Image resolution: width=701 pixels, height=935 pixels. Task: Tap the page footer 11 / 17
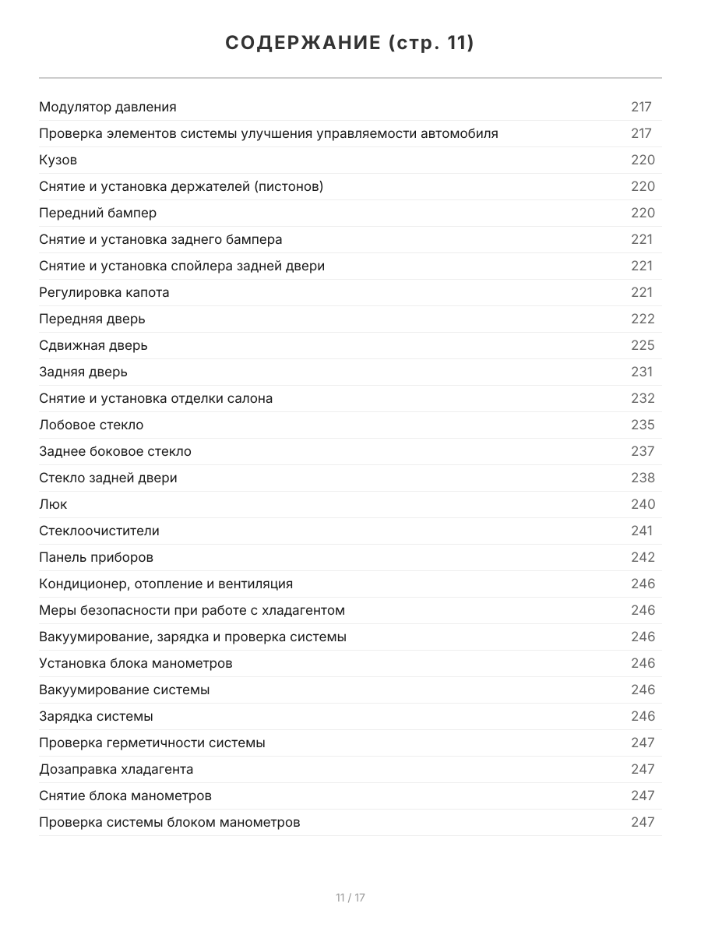tap(350, 898)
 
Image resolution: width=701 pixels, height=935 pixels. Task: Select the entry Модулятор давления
tap(107, 107)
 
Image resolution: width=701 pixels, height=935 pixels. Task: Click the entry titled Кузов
tap(58, 160)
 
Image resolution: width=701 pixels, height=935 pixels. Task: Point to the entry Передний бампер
tap(97, 213)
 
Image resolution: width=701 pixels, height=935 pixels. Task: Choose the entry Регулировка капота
tap(104, 292)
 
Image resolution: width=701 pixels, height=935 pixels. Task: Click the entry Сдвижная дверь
tap(93, 345)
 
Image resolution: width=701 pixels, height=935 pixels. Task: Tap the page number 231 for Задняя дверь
tap(642, 372)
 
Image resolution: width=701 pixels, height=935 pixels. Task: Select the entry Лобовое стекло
tap(91, 425)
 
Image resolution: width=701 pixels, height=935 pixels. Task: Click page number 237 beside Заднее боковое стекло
tap(643, 451)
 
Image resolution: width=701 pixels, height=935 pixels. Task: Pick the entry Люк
tap(53, 504)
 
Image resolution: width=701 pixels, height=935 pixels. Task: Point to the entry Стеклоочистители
tap(99, 531)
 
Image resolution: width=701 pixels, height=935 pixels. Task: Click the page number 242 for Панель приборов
tap(643, 557)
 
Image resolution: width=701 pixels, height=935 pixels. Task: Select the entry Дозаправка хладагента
tap(116, 769)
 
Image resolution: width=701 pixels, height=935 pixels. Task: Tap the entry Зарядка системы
tap(96, 716)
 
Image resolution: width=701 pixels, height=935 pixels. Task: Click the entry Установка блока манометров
tap(136, 663)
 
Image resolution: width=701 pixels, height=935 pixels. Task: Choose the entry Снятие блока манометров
tap(125, 796)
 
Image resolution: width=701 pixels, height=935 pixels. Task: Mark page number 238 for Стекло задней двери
tap(643, 478)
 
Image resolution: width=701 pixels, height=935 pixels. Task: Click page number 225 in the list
tap(643, 345)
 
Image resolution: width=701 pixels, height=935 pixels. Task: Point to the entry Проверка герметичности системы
tap(152, 743)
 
